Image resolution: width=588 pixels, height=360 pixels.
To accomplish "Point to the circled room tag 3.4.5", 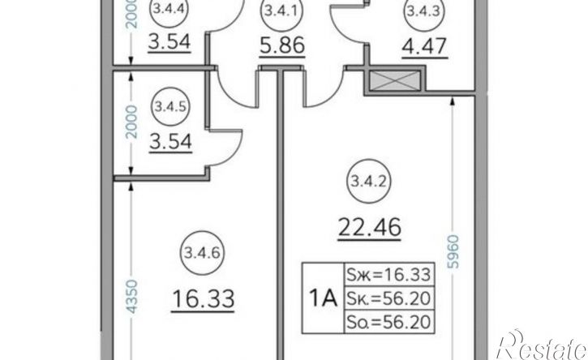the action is (x=170, y=107).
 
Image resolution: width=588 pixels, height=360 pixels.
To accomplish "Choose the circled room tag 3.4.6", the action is (x=202, y=252).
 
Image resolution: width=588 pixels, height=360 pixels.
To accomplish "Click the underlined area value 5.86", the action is (x=282, y=46).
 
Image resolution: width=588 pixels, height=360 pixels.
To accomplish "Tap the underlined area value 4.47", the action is (x=424, y=47).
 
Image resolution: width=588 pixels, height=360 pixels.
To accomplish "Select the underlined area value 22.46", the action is (x=369, y=228).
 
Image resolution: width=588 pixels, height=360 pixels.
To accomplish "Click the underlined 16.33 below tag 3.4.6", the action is (x=203, y=299).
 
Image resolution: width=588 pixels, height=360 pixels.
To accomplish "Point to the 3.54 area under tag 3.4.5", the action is (x=170, y=143).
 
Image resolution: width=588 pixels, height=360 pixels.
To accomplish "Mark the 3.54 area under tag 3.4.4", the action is (x=170, y=42).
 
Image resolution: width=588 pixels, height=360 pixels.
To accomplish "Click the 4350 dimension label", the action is (x=131, y=296).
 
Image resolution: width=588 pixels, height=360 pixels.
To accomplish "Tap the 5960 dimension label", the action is (x=453, y=251).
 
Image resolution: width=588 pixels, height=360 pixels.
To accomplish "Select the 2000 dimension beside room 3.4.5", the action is (x=131, y=122).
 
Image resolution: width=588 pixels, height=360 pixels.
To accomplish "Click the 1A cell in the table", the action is (x=323, y=298).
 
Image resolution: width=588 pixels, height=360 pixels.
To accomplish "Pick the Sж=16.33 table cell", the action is (x=389, y=275).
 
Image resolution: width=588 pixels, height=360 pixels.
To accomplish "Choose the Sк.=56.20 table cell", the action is (x=389, y=298).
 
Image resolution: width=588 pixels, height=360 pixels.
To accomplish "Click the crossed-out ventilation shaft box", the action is (x=394, y=80).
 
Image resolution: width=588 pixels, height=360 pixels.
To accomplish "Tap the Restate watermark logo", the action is (x=542, y=345).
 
